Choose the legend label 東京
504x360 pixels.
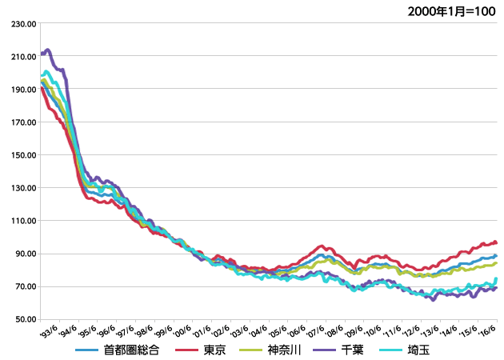(214, 350)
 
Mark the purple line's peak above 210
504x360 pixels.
(48, 50)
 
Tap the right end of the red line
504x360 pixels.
(496, 242)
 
